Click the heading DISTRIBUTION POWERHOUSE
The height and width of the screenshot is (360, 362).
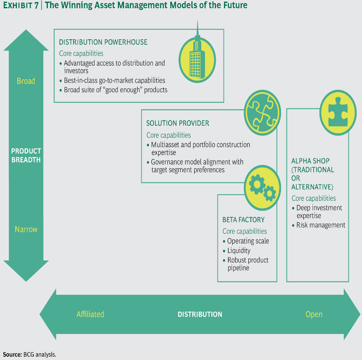coord(103,42)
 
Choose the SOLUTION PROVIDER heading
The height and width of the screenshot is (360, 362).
coord(178,124)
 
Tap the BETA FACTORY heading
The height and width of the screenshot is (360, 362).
coord(243,220)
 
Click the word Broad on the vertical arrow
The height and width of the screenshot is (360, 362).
coord(26,81)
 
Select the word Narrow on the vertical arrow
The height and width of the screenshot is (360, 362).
coord(26,229)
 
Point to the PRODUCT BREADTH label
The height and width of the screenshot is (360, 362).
coord(26,155)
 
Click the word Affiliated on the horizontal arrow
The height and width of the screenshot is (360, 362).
coord(90,315)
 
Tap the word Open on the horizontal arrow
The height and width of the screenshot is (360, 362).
coord(314,315)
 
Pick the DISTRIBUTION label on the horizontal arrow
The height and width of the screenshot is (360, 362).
coord(200,315)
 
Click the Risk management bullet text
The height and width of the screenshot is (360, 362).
coord(321,225)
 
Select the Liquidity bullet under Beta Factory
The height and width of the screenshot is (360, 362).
coord(239,250)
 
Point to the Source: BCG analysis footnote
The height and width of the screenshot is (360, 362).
coord(29,354)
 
